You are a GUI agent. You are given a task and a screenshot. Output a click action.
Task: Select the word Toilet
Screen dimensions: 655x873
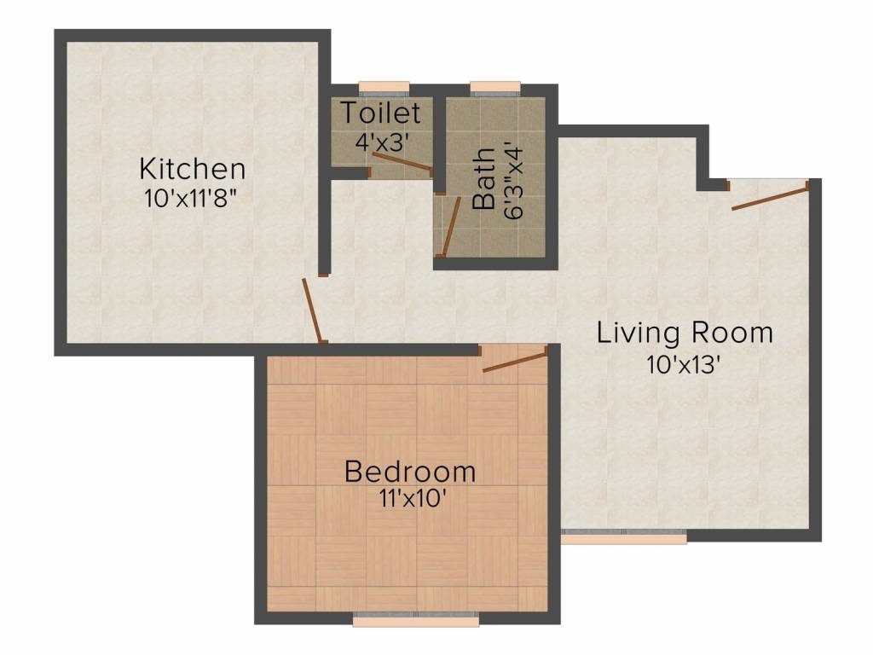point(381,113)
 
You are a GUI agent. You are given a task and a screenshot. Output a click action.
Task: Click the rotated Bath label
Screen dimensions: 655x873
point(484,178)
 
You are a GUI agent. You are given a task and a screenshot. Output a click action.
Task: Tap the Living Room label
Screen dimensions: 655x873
point(685,332)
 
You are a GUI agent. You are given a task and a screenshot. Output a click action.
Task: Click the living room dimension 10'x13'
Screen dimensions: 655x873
point(685,364)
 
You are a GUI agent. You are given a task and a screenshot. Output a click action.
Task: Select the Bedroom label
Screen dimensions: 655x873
point(409,471)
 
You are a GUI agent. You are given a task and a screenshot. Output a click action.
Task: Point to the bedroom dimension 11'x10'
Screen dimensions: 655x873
point(409,498)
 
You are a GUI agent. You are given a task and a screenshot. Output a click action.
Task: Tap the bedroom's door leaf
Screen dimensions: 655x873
point(514,360)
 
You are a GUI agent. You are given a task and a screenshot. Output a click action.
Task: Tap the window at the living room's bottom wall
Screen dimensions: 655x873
point(624,538)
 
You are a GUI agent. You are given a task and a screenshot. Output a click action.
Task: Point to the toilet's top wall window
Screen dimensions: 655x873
point(384,86)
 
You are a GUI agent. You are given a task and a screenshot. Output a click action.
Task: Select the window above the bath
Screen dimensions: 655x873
point(494,86)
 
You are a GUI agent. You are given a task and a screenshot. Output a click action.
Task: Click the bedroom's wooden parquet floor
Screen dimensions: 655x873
point(341,554)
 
